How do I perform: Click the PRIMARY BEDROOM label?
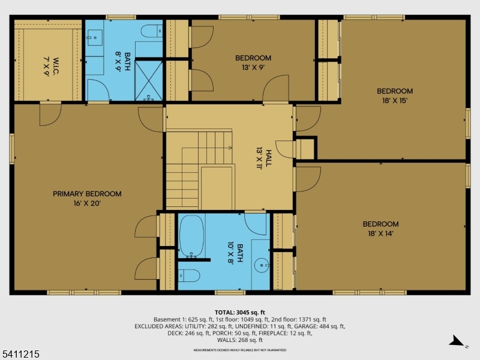(87, 194)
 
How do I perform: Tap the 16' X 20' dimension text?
(87, 203)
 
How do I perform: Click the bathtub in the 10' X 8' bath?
(191, 236)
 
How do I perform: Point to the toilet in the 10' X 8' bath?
(190, 277)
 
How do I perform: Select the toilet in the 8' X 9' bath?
(151, 31)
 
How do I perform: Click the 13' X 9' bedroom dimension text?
(253, 67)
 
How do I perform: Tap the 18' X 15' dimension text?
(395, 101)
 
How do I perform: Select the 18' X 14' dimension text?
(380, 233)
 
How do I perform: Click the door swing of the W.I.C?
(49, 114)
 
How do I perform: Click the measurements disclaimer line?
(239, 350)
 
